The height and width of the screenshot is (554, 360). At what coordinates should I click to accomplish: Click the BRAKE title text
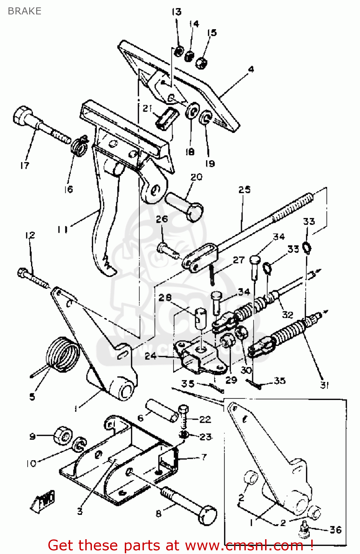(24, 11)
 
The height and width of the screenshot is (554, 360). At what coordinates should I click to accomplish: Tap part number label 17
(25, 165)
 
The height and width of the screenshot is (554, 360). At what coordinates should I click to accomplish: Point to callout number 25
(244, 190)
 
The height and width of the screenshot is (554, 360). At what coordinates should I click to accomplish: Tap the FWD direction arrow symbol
(44, 500)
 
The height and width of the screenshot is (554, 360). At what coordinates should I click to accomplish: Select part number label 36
(335, 530)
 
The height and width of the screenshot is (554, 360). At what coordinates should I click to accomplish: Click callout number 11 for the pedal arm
(62, 229)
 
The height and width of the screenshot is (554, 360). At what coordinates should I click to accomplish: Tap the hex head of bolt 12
(23, 273)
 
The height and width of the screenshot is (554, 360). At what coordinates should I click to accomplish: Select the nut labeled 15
(201, 63)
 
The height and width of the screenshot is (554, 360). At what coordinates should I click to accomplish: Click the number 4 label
(251, 69)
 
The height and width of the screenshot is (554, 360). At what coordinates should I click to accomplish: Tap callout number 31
(324, 385)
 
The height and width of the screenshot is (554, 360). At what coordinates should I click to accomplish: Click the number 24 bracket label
(151, 356)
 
